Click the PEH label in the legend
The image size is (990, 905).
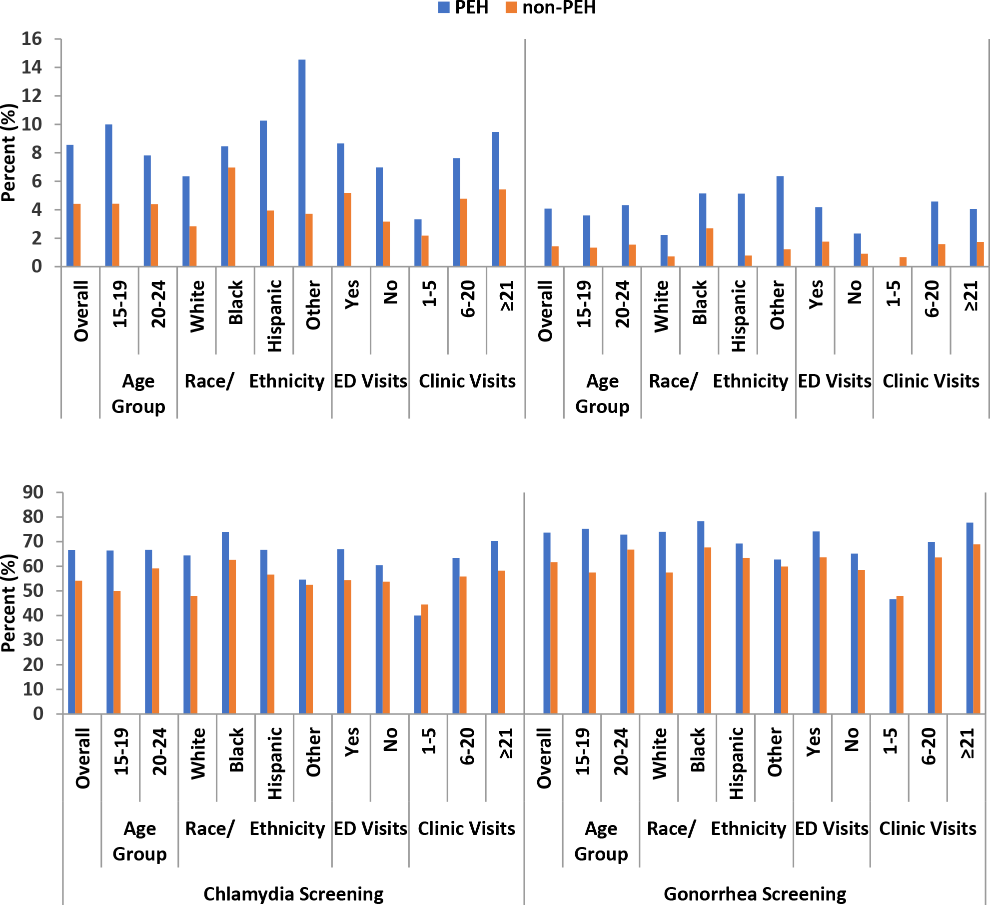coord(471,7)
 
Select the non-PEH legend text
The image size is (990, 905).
coord(559,7)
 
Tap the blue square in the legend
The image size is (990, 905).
coord(443,7)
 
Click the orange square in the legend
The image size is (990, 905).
coord(511,7)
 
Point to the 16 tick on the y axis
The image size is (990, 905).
coord(31,39)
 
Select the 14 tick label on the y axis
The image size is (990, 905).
coord(31,67)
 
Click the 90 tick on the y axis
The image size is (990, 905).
coord(33,492)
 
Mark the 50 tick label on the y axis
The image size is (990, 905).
coord(33,590)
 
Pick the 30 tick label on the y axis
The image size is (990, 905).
coord(33,640)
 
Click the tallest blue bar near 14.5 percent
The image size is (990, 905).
coord(302,162)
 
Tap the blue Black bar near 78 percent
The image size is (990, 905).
coord(701,617)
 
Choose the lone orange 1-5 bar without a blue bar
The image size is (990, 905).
coord(903,261)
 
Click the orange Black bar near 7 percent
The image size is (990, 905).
coord(232,216)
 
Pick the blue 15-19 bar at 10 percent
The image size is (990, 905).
coord(108,195)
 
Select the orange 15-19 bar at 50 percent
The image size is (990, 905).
coord(117,652)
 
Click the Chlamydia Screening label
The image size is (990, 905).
coord(293,894)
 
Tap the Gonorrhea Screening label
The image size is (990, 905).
coord(755,894)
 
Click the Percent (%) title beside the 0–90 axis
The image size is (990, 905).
coord(8,602)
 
